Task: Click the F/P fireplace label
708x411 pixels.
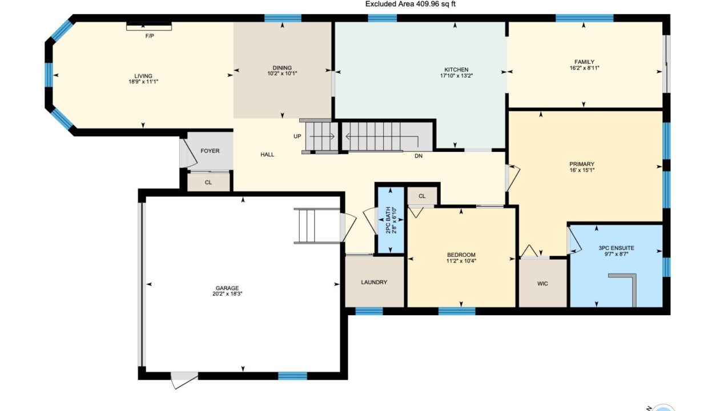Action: click(x=150, y=36)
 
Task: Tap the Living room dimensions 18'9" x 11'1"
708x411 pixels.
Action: click(x=143, y=82)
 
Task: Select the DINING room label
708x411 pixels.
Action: click(x=282, y=68)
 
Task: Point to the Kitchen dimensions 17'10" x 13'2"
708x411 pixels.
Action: click(x=456, y=76)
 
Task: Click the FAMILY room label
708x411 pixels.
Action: click(x=585, y=62)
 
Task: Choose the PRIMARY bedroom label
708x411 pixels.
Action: click(x=582, y=164)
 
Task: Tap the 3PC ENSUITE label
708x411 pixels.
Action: click(x=616, y=248)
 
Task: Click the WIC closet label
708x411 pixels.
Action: click(x=542, y=284)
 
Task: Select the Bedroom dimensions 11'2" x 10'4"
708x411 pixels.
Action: click(x=461, y=261)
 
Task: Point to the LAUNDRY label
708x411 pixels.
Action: click(x=374, y=282)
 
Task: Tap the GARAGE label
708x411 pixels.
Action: click(x=227, y=288)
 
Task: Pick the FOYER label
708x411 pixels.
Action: click(x=210, y=151)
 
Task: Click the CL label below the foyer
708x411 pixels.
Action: click(x=208, y=183)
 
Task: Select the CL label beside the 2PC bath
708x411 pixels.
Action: click(x=422, y=196)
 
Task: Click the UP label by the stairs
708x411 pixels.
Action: click(x=297, y=136)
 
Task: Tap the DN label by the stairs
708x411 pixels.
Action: click(x=419, y=156)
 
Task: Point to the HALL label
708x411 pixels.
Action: click(x=267, y=155)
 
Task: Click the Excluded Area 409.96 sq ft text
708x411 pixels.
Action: click(x=411, y=4)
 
